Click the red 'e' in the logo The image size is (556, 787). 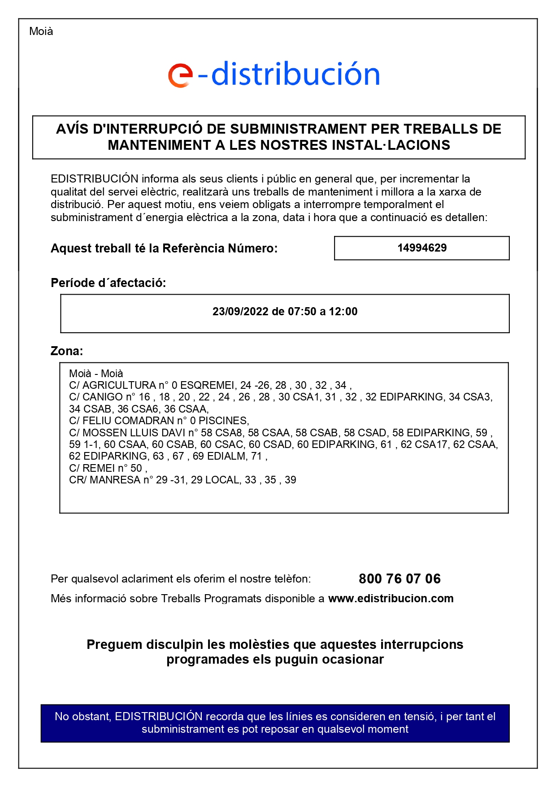[180, 75]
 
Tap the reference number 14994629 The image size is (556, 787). [422, 248]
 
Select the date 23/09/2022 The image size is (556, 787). [240, 312]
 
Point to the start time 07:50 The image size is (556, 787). [302, 312]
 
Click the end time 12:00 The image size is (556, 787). [343, 312]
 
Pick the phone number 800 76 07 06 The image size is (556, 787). [400, 579]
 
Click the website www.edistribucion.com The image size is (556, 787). [391, 599]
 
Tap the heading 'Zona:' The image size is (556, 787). [67, 351]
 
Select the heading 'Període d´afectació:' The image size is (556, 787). [108, 283]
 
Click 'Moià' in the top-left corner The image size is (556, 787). [41, 31]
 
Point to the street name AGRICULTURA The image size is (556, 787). [119, 385]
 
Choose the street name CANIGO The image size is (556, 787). [103, 397]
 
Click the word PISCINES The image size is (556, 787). [223, 421]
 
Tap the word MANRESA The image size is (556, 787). [115, 480]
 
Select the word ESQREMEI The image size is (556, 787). [207, 385]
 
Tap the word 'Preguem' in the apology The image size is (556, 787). [114, 644]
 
